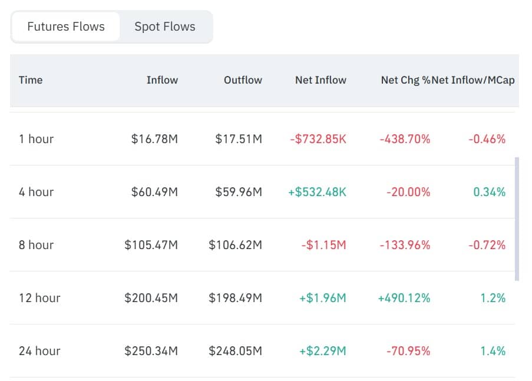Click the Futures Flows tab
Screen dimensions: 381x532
pos(66,26)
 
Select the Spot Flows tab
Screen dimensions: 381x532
pos(165,26)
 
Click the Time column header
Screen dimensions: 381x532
pos(31,80)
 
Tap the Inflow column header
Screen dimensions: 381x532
pos(162,80)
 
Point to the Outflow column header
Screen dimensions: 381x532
pos(243,80)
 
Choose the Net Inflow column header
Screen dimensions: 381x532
pos(320,80)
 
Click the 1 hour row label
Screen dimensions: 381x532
pos(36,139)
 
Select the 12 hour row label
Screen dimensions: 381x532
pos(39,298)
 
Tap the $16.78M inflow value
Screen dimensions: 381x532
pos(154,139)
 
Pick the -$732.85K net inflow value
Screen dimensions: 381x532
pos(318,139)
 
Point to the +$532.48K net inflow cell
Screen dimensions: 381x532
pos(317,192)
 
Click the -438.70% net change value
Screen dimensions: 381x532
pos(405,139)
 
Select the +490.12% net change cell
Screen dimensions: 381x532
pos(404,298)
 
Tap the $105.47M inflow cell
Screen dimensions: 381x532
pos(151,245)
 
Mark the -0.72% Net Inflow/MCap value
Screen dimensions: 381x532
pos(487,245)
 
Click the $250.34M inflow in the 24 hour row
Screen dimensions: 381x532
pos(151,351)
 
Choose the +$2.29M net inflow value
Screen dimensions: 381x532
pos(322,351)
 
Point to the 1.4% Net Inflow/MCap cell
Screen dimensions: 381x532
pos(493,351)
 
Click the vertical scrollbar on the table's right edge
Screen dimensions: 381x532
pos(517,218)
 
